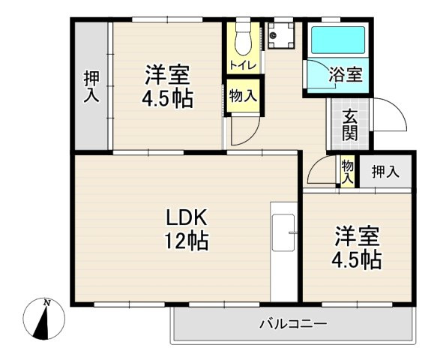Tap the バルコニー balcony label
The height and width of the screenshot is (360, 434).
[x=293, y=324]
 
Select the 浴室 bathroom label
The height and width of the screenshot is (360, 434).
[x=346, y=74]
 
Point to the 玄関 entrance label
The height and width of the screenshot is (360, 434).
[x=350, y=125]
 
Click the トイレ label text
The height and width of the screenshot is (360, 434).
[x=243, y=65]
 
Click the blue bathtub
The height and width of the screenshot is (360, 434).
[x=337, y=40]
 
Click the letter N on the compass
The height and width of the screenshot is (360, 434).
[x=47, y=302]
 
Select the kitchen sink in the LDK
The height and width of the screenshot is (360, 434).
[x=283, y=233]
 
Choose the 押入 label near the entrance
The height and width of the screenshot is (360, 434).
[x=385, y=172]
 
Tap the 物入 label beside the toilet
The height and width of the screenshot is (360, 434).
[x=244, y=96]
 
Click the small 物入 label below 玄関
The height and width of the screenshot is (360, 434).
[x=347, y=170]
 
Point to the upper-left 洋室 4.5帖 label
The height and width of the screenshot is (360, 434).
[x=167, y=86]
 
